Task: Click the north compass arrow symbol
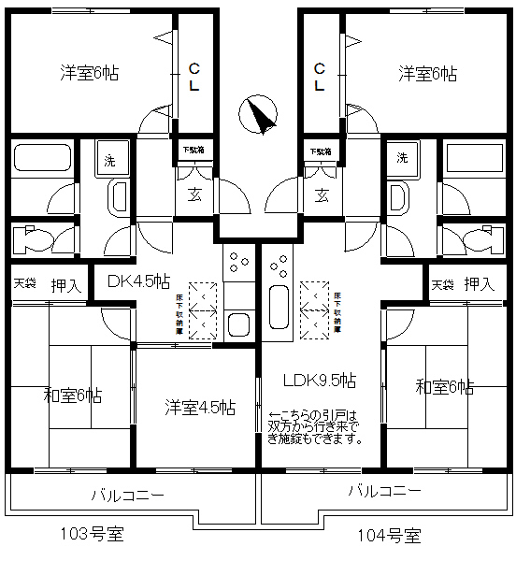pyautogui.click(x=259, y=114)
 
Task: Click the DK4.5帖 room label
pyautogui.click(x=138, y=280)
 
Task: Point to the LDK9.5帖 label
pyautogui.click(x=320, y=380)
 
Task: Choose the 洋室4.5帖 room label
pyautogui.click(x=200, y=408)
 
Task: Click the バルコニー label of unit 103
pyautogui.click(x=128, y=495)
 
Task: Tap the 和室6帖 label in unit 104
pyautogui.click(x=445, y=386)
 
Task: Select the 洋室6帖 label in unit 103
pyautogui.click(x=90, y=72)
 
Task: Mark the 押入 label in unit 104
pyautogui.click(x=480, y=283)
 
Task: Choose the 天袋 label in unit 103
pyautogui.click(x=24, y=283)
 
